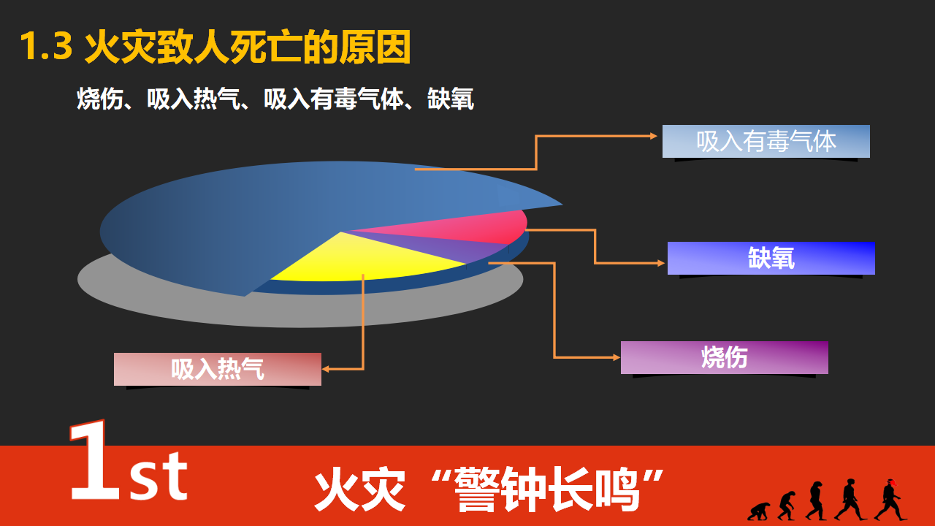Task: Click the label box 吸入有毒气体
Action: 766,141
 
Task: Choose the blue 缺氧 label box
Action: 771,258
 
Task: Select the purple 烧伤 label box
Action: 724,357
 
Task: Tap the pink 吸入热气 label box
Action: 218,369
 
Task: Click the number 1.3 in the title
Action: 46,46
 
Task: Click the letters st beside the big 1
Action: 159,476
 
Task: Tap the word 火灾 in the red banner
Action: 360,489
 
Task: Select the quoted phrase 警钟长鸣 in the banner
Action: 547,489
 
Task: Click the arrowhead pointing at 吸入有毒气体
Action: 654,136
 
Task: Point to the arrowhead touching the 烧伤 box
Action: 616,357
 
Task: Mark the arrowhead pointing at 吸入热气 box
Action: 326,369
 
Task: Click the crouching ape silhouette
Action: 758,511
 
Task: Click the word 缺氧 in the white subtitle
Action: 451,99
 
